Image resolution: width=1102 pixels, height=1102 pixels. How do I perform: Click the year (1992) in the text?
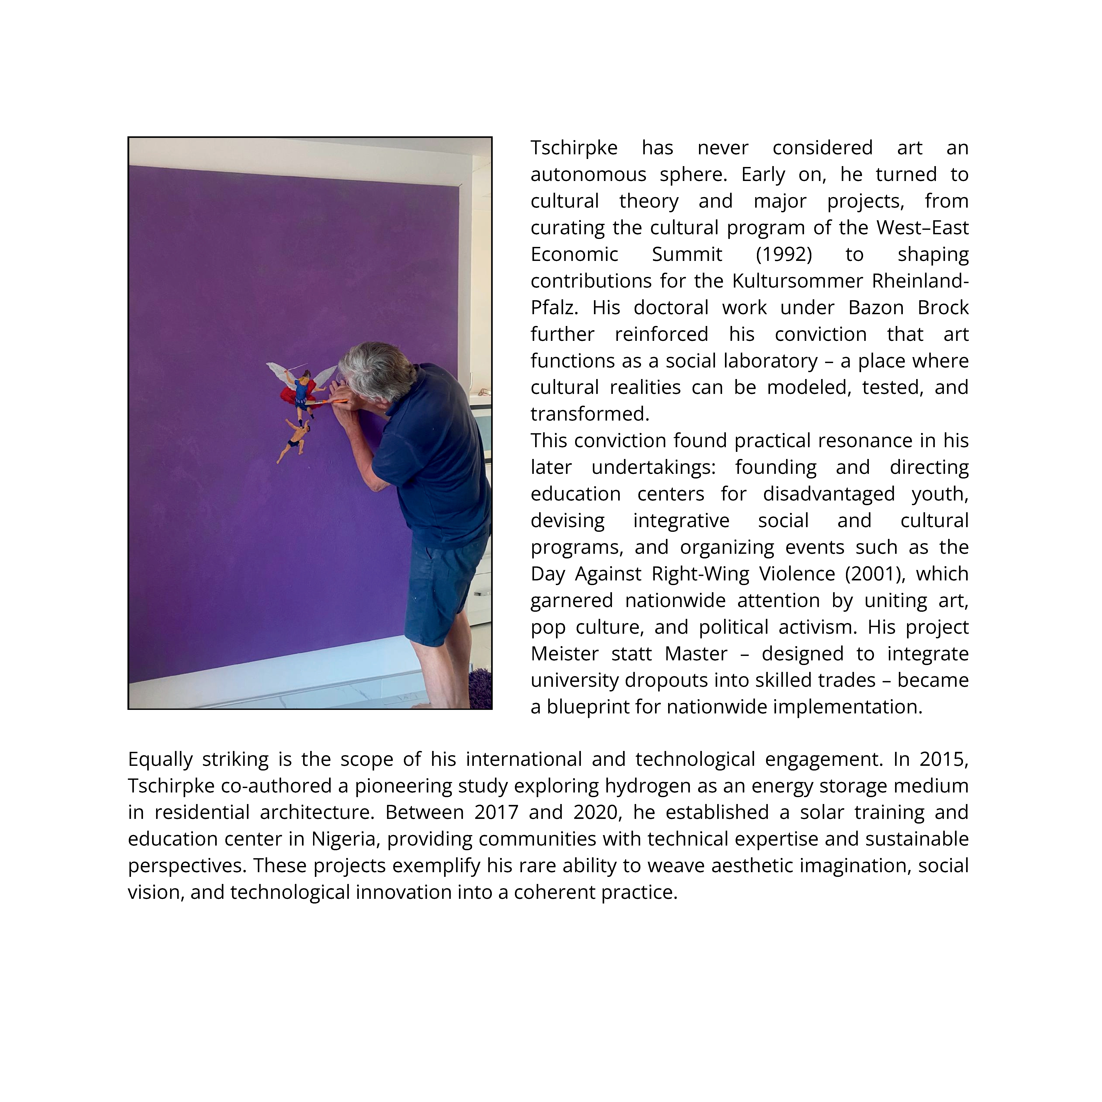[784, 254]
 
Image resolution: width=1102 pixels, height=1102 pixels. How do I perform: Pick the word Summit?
[687, 254]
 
